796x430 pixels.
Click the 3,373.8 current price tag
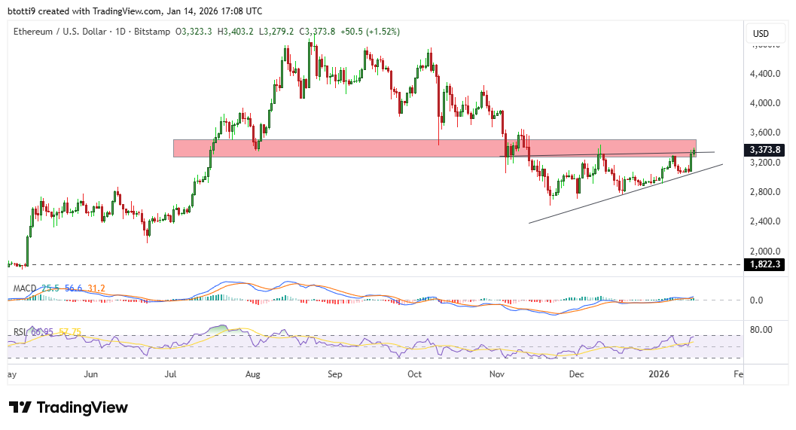pyautogui.click(x=765, y=149)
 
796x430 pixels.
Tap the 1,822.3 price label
pyautogui.click(x=765, y=264)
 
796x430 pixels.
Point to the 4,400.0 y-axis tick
pyautogui.click(x=765, y=74)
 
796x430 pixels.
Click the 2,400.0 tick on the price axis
pyautogui.click(x=765, y=221)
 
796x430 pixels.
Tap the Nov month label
pyautogui.click(x=496, y=374)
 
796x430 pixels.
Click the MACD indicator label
pyautogui.click(x=25, y=288)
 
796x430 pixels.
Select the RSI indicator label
pyautogui.click(x=19, y=332)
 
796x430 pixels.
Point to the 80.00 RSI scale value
pyautogui.click(x=762, y=329)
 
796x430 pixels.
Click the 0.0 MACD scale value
pyautogui.click(x=757, y=300)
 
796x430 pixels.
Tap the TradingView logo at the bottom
pyautogui.click(x=69, y=407)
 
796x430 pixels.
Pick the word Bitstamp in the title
pyautogui.click(x=153, y=32)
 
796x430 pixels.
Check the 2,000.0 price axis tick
pyautogui.click(x=765, y=251)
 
